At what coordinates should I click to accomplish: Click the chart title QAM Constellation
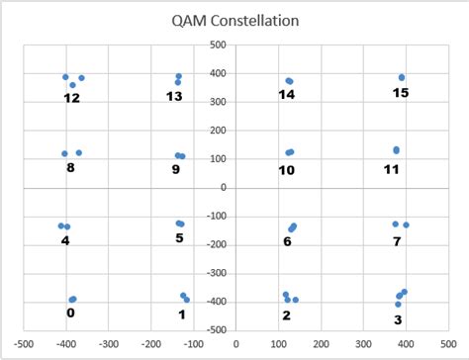(x=234, y=20)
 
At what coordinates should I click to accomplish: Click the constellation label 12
(x=71, y=98)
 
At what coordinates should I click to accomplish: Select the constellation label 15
(x=399, y=93)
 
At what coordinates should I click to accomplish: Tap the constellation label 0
(x=69, y=314)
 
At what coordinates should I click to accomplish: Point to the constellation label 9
(x=176, y=169)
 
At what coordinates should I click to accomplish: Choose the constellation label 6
(x=287, y=241)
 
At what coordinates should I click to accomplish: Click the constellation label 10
(x=287, y=170)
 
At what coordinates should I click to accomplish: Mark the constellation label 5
(x=179, y=238)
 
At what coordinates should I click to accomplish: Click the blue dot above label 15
(x=402, y=77)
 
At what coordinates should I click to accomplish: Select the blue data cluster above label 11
(x=397, y=150)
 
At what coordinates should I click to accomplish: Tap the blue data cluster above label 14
(x=289, y=81)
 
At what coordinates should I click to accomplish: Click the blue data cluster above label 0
(x=72, y=299)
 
